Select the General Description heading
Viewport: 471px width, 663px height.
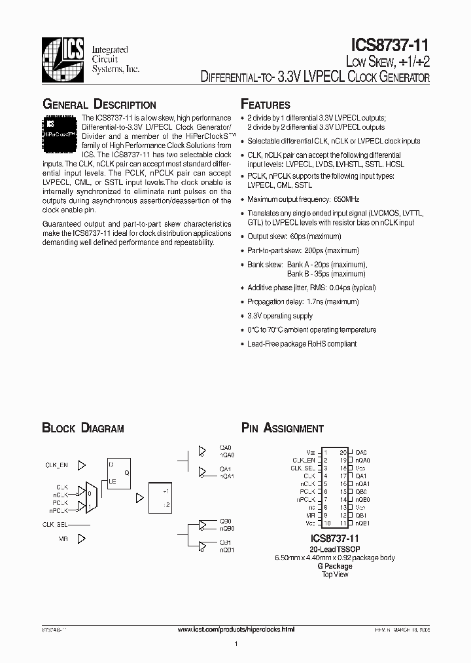point(99,105)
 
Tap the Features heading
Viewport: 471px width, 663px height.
point(266,105)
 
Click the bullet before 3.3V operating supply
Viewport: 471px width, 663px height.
point(243,316)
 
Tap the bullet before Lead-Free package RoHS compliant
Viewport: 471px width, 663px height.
point(243,344)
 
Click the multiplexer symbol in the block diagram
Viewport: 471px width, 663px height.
point(92,499)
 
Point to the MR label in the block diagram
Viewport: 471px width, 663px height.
point(62,539)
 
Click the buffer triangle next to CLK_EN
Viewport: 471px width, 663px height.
point(82,465)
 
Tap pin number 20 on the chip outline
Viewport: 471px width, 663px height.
point(342,452)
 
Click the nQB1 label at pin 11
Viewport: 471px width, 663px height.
point(362,523)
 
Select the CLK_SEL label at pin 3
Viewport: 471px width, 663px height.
point(304,468)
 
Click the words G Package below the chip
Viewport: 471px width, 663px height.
point(335,566)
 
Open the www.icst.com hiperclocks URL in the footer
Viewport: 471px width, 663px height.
point(237,629)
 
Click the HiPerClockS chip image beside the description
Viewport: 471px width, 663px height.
point(60,129)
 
